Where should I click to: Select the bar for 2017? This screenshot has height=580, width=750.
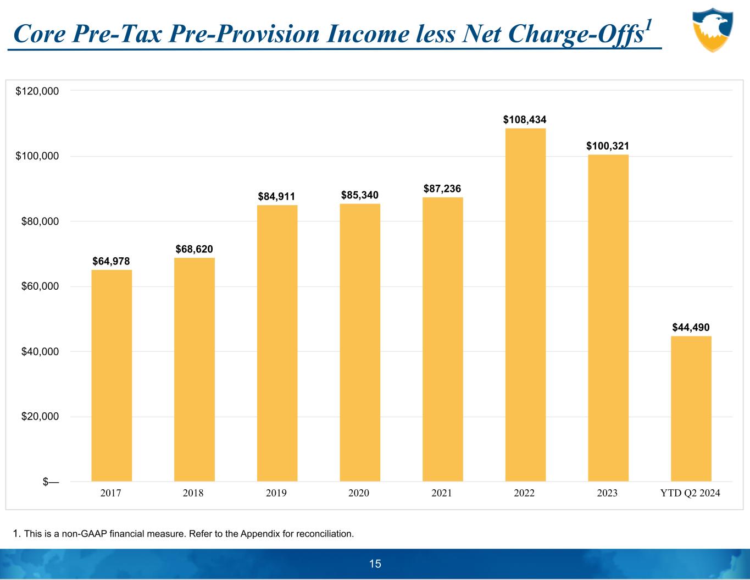[112, 375]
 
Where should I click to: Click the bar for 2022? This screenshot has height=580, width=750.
[525, 305]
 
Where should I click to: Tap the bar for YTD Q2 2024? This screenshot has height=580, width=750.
[691, 408]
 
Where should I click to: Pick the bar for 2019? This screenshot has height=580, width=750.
[277, 343]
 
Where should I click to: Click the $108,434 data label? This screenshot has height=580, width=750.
[525, 119]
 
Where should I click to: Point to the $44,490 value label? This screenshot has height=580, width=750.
[691, 327]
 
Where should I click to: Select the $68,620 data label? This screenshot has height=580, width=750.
[195, 249]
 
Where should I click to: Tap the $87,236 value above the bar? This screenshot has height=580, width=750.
[442, 189]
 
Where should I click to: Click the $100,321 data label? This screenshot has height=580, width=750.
[608, 146]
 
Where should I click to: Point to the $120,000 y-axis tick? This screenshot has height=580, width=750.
[37, 91]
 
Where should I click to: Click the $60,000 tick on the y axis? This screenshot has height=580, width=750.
[37, 286]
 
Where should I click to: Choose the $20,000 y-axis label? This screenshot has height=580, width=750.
[37, 417]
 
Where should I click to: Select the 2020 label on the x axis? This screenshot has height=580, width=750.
[359, 493]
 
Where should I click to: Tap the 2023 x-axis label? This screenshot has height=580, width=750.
[607, 493]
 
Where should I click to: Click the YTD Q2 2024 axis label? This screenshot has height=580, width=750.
[690, 493]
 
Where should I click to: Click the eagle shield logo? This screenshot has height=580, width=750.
[713, 30]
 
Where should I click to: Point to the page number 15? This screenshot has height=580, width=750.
[375, 564]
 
